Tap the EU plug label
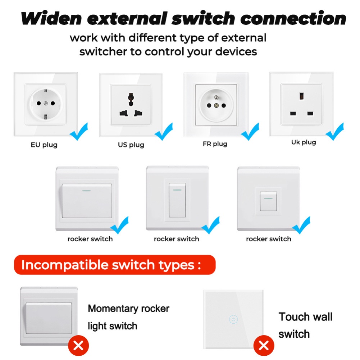44,145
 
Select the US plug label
131,145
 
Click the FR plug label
215,144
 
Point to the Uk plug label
304,142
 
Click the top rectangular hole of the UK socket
301,96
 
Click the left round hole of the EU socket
37,103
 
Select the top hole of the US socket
131,97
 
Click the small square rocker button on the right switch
268,201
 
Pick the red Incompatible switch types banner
114,265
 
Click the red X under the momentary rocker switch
78,346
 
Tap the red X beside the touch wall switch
264,346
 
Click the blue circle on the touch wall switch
233,319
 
